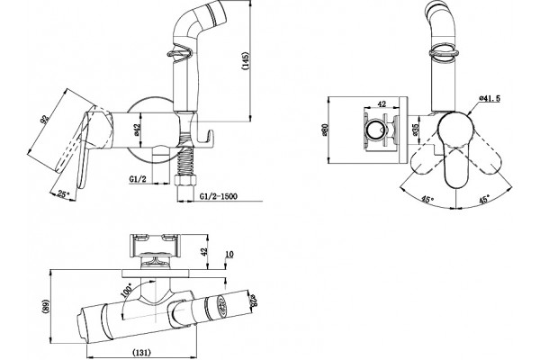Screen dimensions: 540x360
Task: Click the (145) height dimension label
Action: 245,61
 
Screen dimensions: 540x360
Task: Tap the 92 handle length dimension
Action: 45,119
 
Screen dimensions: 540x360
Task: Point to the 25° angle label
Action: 63,194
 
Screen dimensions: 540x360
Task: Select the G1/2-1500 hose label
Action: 219,196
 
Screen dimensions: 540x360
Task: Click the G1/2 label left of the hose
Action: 138,179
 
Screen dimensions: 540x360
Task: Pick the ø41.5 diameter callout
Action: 490,98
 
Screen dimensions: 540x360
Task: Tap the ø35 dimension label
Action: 415,130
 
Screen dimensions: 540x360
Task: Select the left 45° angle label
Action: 427,199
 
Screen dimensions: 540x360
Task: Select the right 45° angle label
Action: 483,199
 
